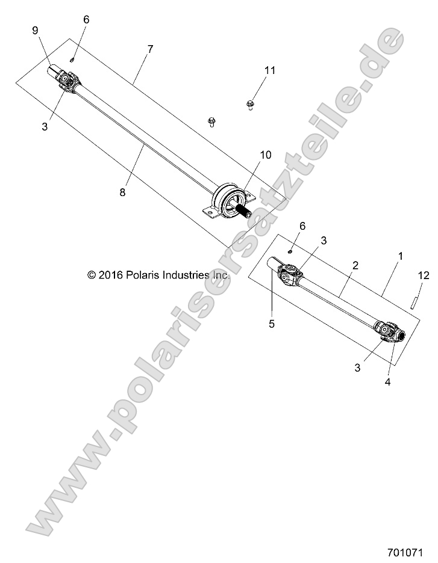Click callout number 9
34,31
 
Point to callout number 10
266,155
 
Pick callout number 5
272,324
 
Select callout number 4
387,381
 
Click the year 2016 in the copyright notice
110,274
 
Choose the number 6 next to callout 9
86,19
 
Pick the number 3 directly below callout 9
45,126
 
